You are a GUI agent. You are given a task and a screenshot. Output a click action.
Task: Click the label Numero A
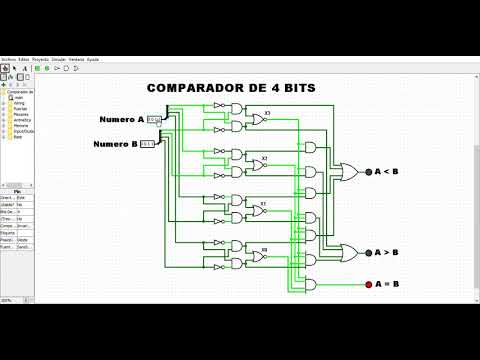click(122, 120)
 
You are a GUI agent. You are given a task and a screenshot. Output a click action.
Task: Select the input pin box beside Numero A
click(153, 120)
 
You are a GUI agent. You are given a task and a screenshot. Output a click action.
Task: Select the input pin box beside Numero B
click(147, 144)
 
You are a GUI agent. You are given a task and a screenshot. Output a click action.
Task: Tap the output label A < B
click(387, 172)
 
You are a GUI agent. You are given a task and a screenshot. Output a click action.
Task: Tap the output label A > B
click(387, 252)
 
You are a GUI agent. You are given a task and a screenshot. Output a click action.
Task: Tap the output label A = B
click(387, 284)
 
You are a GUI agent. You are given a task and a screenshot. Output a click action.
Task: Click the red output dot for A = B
click(368, 284)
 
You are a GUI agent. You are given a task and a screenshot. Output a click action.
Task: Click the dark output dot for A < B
click(368, 172)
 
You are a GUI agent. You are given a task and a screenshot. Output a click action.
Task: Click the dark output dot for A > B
click(368, 252)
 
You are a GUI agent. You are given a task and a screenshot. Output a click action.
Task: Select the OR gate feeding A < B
click(350, 172)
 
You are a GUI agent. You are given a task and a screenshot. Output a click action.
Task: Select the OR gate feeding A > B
click(350, 252)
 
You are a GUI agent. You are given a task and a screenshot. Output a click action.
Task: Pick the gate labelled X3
click(257, 119)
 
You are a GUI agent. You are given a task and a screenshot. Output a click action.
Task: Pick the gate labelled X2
click(257, 164)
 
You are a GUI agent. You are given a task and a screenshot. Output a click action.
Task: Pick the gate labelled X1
click(257, 209)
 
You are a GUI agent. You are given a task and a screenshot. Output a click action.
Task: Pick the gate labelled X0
click(257, 255)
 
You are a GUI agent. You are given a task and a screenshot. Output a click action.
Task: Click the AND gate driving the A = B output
click(311, 284)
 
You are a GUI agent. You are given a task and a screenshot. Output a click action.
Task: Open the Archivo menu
click(8, 59)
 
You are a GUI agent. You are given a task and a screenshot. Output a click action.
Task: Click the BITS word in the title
click(293, 88)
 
